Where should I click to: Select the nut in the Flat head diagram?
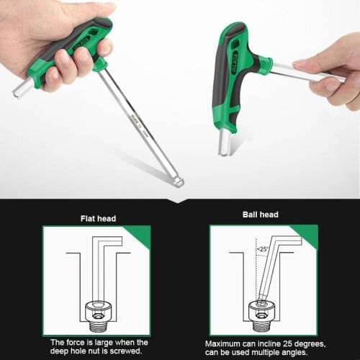point(97,310)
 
